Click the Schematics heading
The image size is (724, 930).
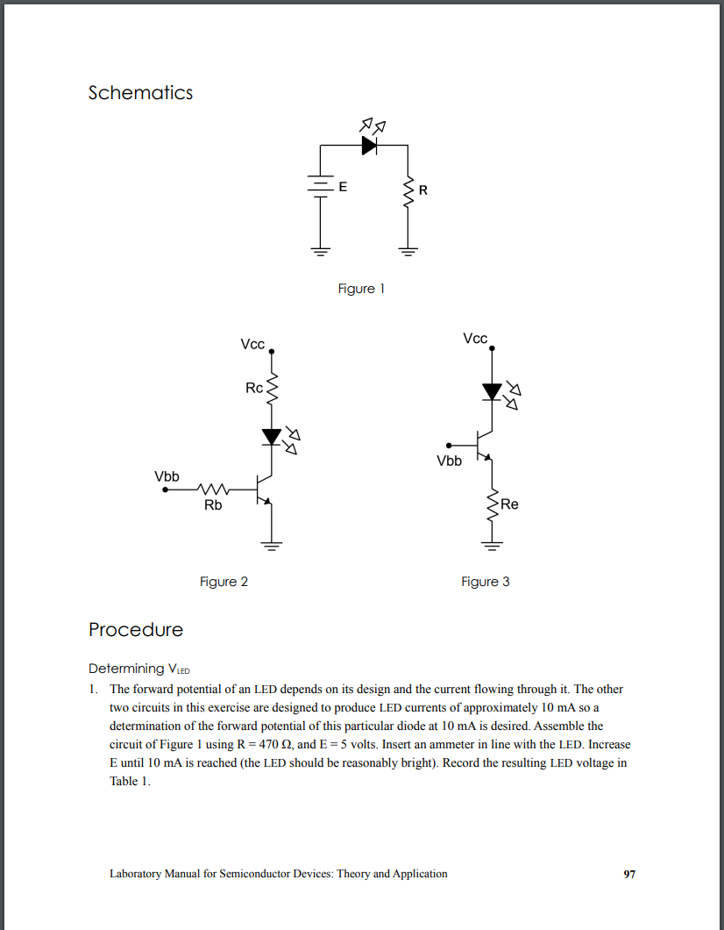pyautogui.click(x=140, y=93)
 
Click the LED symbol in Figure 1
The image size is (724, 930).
pyautogui.click(x=369, y=146)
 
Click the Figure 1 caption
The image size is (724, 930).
pyautogui.click(x=361, y=289)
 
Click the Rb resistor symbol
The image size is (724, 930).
pyautogui.click(x=213, y=490)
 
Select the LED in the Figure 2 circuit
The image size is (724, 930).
pyautogui.click(x=272, y=436)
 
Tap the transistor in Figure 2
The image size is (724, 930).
pyautogui.click(x=265, y=490)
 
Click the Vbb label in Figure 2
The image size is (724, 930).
pyautogui.click(x=167, y=476)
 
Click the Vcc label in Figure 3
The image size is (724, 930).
pyautogui.click(x=475, y=339)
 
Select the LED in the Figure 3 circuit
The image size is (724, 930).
pyautogui.click(x=493, y=391)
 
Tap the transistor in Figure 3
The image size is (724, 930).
pyautogui.click(x=484, y=446)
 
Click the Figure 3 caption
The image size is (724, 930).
pyautogui.click(x=486, y=582)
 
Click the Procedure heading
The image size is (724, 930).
pyautogui.click(x=136, y=630)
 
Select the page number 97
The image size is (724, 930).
pyautogui.click(x=629, y=874)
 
